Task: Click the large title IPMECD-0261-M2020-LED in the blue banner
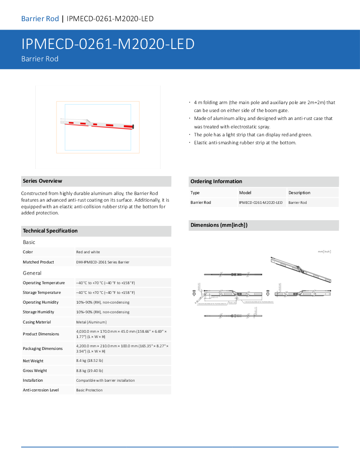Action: pyautogui.click(x=108, y=44)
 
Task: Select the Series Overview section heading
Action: pyautogui.click(x=42, y=181)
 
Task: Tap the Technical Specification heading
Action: pyautogui.click(x=50, y=231)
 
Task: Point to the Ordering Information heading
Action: pyautogui.click(x=216, y=181)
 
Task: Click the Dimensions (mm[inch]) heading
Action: pyautogui.click(x=219, y=225)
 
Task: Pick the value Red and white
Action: pyautogui.click(x=88, y=252)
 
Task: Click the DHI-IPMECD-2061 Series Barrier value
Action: pyautogui.click(x=103, y=262)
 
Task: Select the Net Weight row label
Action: pyautogui.click(x=33, y=361)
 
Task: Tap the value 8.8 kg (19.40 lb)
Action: pyautogui.click(x=90, y=371)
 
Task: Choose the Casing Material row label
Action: pyautogui.click(x=37, y=322)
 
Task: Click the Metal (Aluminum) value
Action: pyautogui.click(x=91, y=322)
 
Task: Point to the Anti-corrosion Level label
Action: pyautogui.click(x=41, y=390)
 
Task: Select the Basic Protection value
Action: pyautogui.click(x=90, y=390)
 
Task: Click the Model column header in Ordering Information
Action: pyautogui.click(x=245, y=193)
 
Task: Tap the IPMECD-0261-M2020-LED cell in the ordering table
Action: pyautogui.click(x=261, y=203)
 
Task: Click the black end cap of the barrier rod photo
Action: pyautogui.click(x=134, y=128)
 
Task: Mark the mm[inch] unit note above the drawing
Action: pyautogui.click(x=324, y=252)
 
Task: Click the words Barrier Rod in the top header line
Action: pyautogui.click(x=40, y=19)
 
